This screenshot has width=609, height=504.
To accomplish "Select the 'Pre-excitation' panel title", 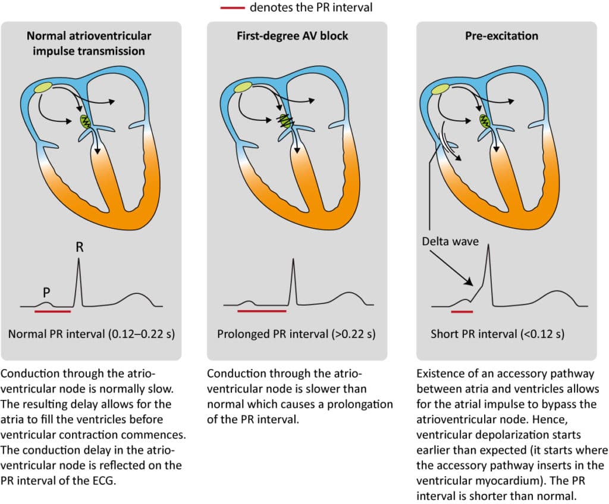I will (501, 36).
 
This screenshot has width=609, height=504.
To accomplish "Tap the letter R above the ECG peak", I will (79, 247).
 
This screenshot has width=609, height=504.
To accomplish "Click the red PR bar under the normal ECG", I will (53, 311).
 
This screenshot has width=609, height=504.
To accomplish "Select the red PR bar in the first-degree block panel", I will (262, 311).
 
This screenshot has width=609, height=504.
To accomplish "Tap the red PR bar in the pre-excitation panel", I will (462, 311).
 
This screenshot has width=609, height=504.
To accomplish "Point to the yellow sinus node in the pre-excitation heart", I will (441, 89).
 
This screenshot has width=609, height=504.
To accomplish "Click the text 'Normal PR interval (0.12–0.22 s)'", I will (91, 334).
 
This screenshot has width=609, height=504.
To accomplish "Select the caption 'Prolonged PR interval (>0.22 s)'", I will (296, 334).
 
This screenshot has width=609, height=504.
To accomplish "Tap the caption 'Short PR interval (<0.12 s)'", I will (497, 334).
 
